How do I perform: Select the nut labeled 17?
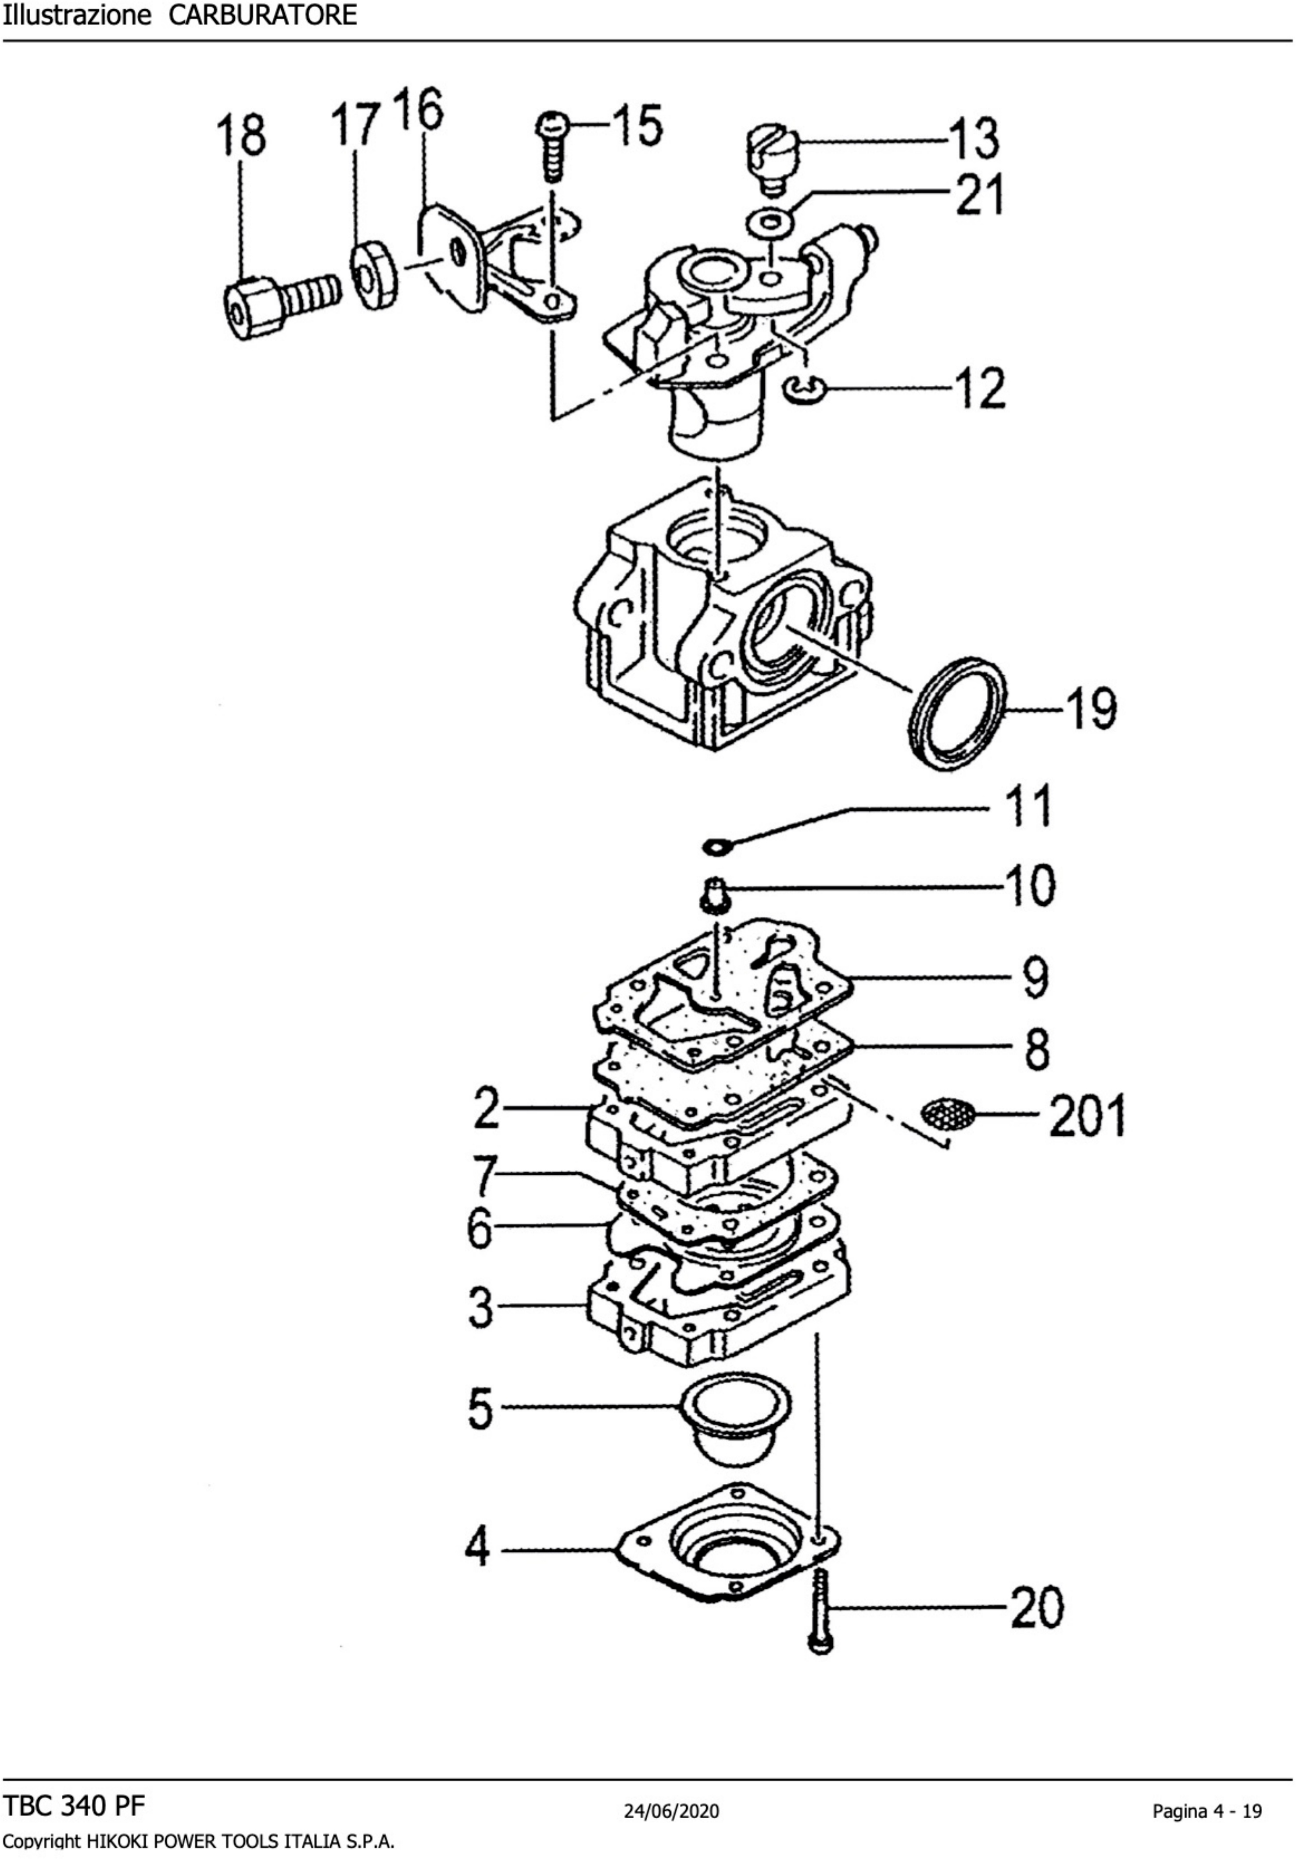(x=374, y=276)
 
